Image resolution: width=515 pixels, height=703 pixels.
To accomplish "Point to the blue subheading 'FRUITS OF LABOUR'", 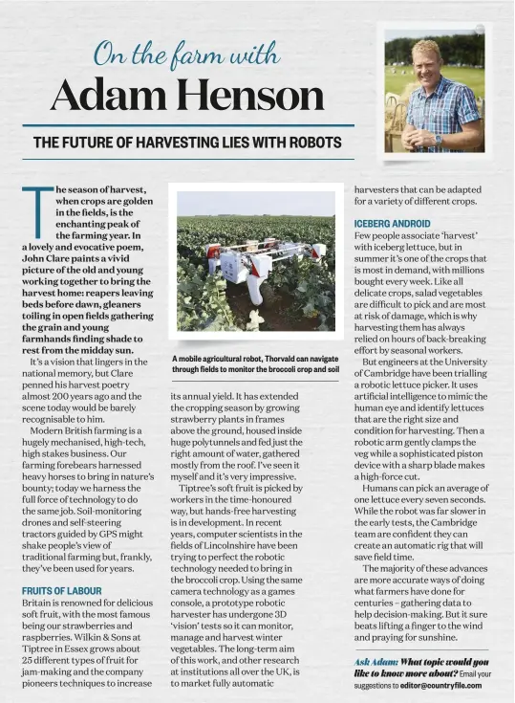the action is (x=62, y=591).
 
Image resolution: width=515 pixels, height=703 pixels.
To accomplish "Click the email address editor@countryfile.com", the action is (x=440, y=686).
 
